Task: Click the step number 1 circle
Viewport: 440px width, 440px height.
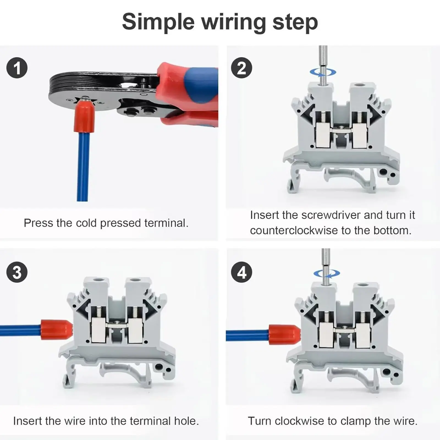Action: (17, 68)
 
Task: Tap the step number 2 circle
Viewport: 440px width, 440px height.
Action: (241, 68)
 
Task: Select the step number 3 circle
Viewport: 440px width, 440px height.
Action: (17, 272)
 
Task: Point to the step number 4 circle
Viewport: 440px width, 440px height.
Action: (241, 272)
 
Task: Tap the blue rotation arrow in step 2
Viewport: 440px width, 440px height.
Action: (323, 72)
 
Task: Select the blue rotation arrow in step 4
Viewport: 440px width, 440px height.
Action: (327, 273)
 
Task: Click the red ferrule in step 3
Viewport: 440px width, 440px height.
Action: (56, 329)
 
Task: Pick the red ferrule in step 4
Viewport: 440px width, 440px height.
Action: (284, 335)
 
